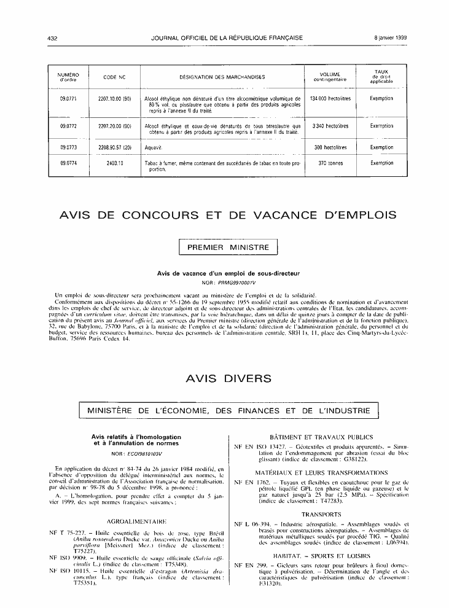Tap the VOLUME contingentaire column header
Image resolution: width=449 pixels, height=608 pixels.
pyautogui.click(x=330, y=77)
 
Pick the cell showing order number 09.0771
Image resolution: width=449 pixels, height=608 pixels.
pyautogui.click(x=68, y=98)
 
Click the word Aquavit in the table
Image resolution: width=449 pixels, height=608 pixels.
pyautogui.click(x=152, y=148)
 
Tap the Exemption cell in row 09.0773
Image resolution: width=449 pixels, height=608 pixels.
pyautogui.click(x=381, y=148)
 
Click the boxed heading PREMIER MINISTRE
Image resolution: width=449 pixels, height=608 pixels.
pyautogui.click(x=228, y=247)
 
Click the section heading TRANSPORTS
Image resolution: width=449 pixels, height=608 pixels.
pyautogui.click(x=321, y=513)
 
